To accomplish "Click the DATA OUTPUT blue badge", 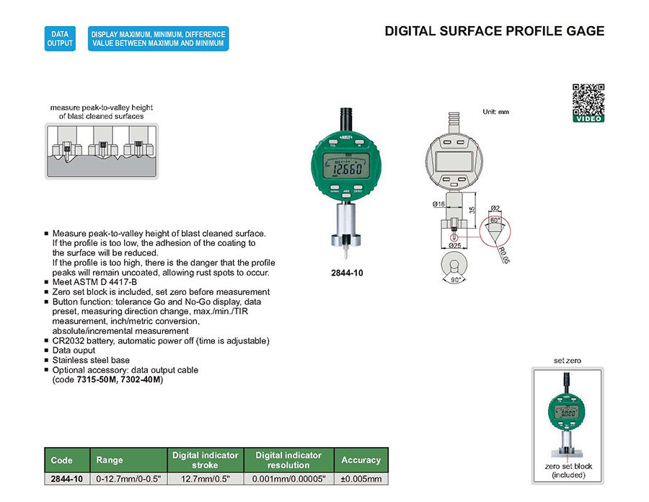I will point(60,38).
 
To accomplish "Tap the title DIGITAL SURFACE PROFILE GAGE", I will point(494,31).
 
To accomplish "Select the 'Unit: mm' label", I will point(495,112).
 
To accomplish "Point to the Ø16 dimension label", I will point(438,204).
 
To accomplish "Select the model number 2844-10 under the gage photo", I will point(346,274).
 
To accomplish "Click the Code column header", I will point(62,460).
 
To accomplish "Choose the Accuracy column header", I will point(361,460).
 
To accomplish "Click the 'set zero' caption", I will point(567,360).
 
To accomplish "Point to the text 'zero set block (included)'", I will point(568,470).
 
